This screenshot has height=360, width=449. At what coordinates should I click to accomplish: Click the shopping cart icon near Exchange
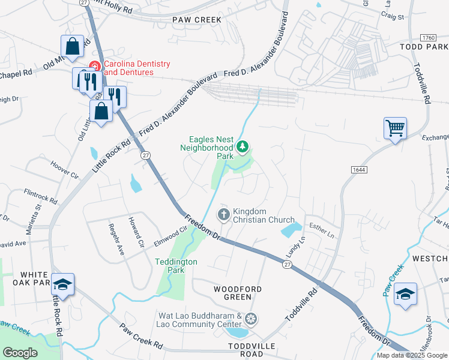[x=396, y=128]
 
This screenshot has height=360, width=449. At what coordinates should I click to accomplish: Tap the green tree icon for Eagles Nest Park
[x=243, y=146]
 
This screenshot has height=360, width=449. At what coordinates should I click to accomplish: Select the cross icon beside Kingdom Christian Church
[x=223, y=215]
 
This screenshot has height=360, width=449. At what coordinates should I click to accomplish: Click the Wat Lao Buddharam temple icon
[x=251, y=318]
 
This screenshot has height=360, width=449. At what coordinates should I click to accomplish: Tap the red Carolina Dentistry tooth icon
[x=94, y=65]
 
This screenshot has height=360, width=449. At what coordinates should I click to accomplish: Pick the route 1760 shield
[x=428, y=37]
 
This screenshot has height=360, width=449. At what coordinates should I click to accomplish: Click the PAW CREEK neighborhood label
[x=197, y=20]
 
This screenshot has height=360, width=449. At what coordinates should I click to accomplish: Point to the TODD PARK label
[x=424, y=47]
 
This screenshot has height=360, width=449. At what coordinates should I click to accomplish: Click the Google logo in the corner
[x=20, y=353]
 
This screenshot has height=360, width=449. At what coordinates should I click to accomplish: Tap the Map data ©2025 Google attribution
[x=412, y=355]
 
